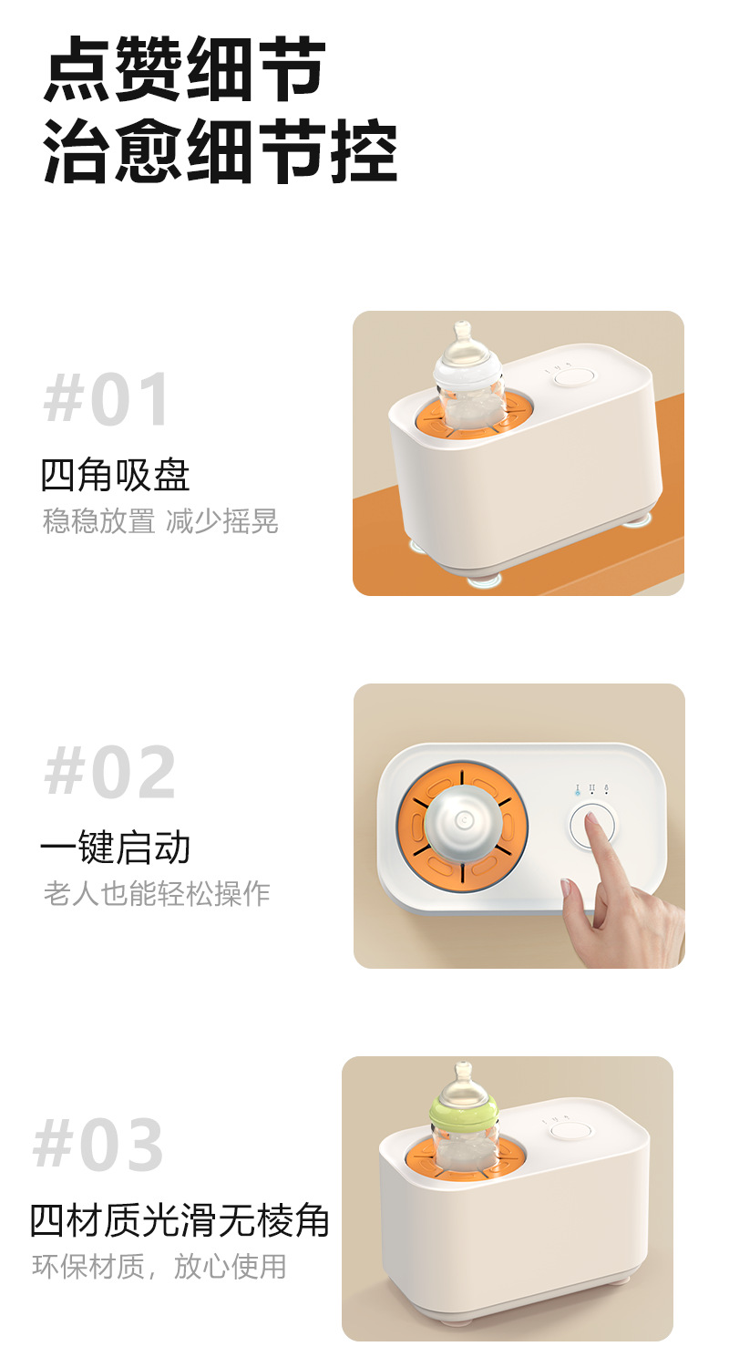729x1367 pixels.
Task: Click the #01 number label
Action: pyautogui.click(x=108, y=398)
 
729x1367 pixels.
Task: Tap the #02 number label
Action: pyautogui.click(x=110, y=773)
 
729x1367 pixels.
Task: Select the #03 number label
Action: pyautogui.click(x=98, y=1146)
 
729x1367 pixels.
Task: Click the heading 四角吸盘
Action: pyautogui.click(x=116, y=475)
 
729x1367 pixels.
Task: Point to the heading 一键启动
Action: pyautogui.click(x=116, y=848)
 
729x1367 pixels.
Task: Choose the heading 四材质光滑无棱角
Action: pyautogui.click(x=180, y=1221)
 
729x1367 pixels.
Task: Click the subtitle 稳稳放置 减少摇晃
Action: pyautogui.click(x=160, y=521)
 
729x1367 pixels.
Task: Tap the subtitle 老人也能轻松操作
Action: pyautogui.click(x=157, y=894)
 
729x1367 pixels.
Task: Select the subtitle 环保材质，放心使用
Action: pyautogui.click(x=159, y=1267)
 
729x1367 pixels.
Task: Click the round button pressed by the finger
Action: pyautogui.click(x=591, y=826)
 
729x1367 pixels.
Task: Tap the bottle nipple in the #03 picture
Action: pyautogui.click(x=463, y=1078)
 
